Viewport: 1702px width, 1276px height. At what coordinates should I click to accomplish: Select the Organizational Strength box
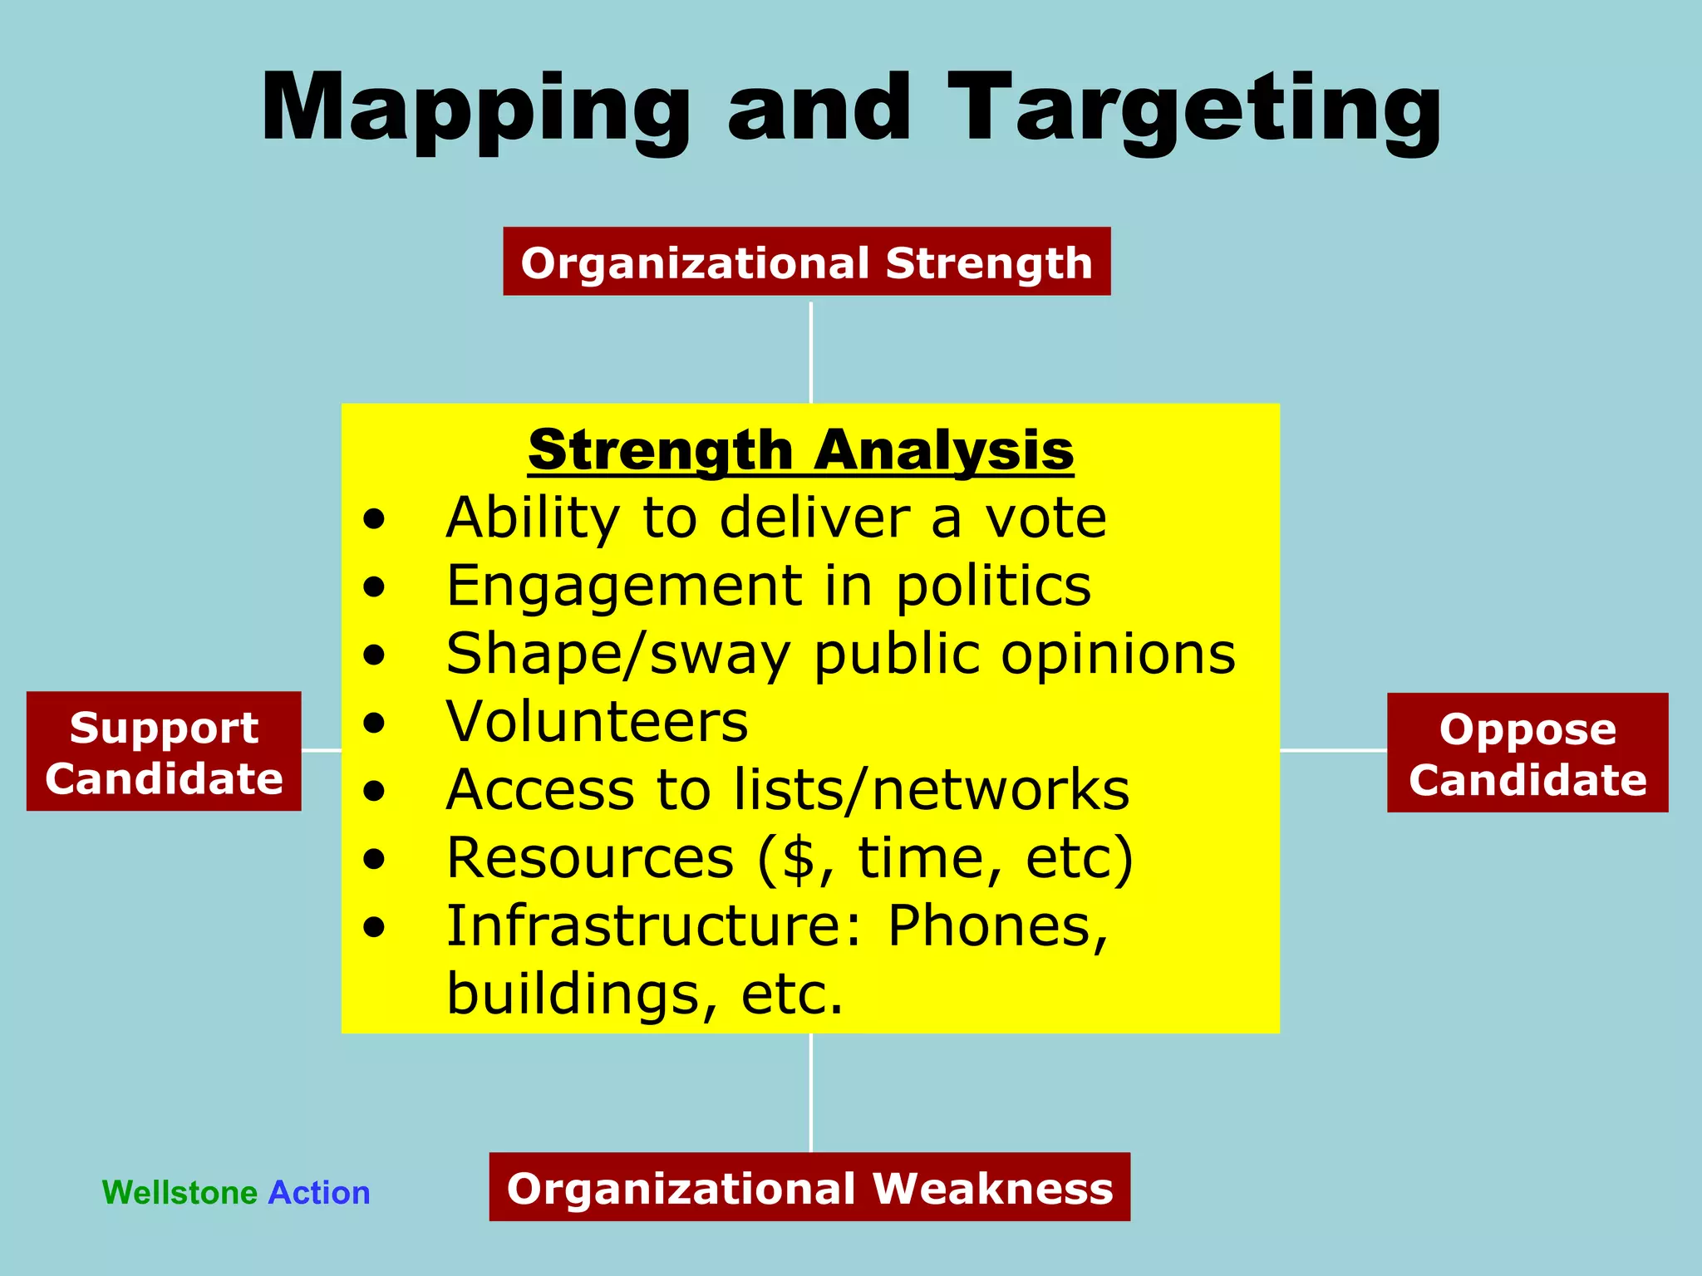[x=806, y=262]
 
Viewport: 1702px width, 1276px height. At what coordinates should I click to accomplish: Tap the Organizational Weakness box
[x=809, y=1187]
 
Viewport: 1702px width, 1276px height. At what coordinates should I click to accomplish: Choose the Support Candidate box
[x=164, y=752]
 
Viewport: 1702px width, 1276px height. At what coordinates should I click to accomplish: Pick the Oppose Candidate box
[x=1527, y=753]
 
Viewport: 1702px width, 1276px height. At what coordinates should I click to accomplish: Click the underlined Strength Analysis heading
[x=800, y=450]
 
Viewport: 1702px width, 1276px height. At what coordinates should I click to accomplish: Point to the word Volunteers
[x=597, y=721]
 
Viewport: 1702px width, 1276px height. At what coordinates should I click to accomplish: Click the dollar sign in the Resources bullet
[x=798, y=857]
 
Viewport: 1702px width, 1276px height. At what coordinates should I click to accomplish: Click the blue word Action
[x=319, y=1193]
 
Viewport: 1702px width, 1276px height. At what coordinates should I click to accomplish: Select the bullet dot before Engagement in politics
[x=374, y=587]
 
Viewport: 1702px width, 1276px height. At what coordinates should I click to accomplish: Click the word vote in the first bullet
[x=1045, y=518]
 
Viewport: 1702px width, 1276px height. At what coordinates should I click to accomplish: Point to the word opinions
[x=1118, y=655]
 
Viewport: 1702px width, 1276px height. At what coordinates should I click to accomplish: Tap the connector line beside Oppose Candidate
[x=1333, y=750]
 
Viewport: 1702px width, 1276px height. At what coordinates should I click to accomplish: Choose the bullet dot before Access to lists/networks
[x=374, y=791]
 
